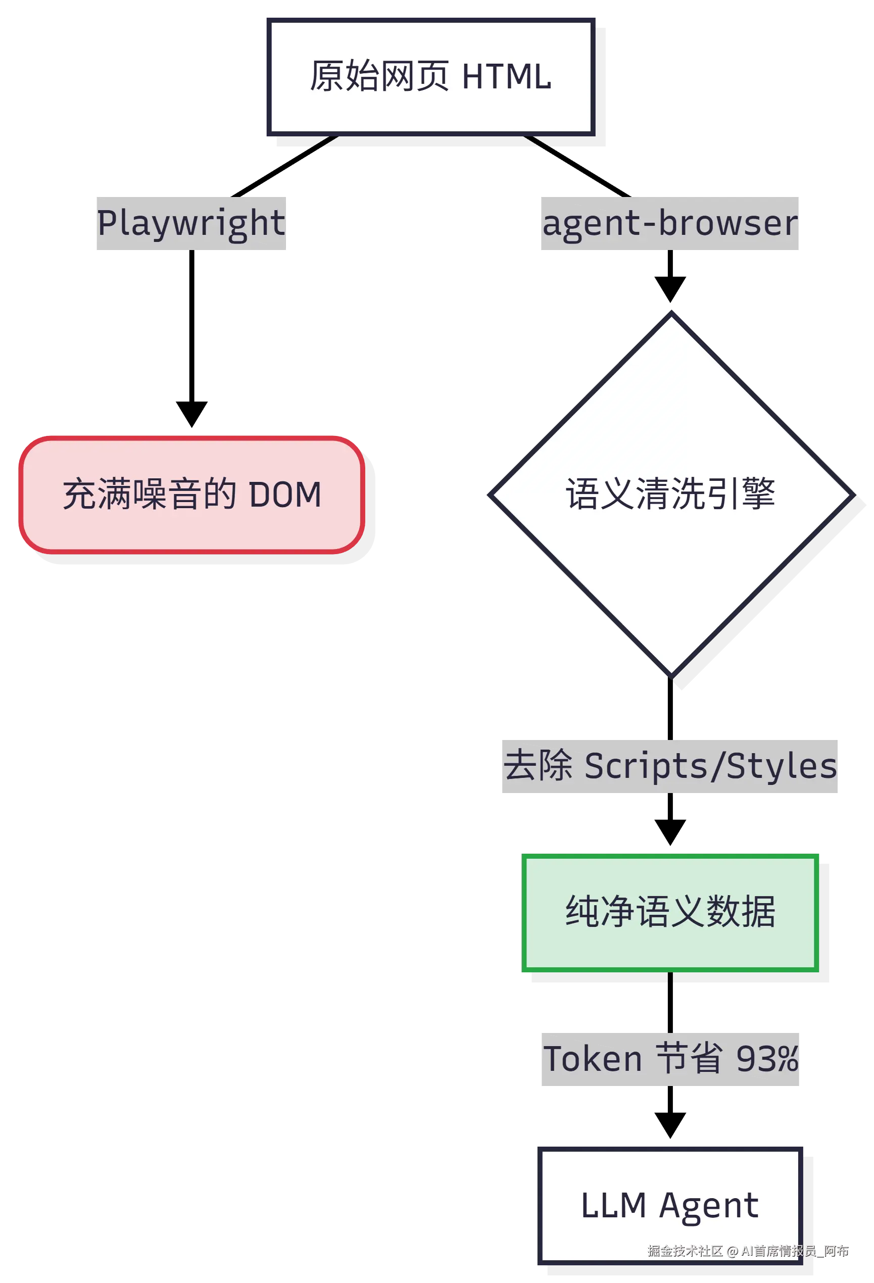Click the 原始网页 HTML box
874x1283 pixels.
pos(430,77)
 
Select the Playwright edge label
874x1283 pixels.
pos(190,222)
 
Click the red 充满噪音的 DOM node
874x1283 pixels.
pos(191,494)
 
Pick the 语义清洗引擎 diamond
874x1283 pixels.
pos(671,494)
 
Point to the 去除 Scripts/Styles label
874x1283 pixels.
pos(670,767)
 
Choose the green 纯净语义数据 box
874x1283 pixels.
pos(670,912)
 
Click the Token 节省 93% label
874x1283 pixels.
pos(670,1058)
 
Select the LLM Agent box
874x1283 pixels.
pos(670,1205)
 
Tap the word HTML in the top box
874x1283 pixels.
pos(506,77)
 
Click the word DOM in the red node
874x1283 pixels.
pos(285,495)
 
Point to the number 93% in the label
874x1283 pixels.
pos(767,1059)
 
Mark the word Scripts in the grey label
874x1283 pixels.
pos(646,767)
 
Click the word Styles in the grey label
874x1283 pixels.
pos(782,767)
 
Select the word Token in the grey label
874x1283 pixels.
pos(593,1059)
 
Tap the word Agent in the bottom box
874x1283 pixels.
pos(709,1206)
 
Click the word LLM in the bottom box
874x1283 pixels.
pos(613,1206)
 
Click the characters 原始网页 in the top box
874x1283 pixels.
pos(379,77)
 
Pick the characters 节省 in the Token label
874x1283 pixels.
pos(689,1058)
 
